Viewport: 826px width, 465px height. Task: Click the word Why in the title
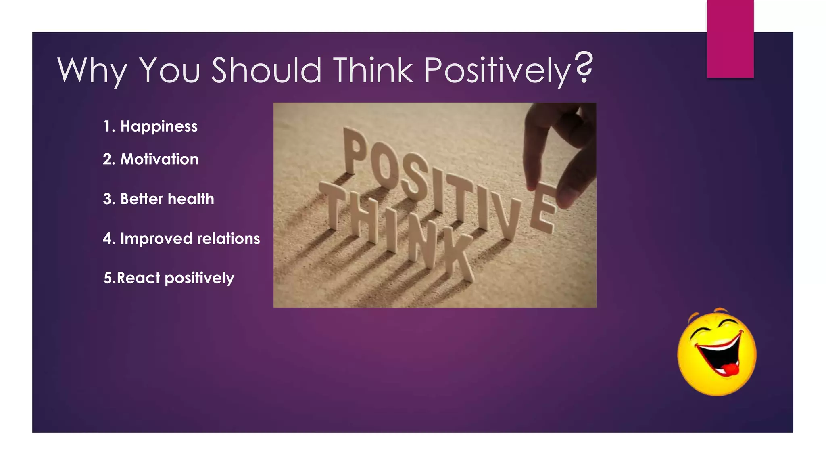92,70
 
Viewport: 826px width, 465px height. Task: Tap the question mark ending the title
584,67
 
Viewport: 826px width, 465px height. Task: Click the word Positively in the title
497,70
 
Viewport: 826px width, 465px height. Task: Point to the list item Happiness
159,126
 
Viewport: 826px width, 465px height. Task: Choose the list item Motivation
159,159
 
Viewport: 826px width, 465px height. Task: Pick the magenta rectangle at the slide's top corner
730,38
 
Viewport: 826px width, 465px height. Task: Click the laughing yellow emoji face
717,353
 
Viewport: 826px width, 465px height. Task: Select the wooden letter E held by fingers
543,208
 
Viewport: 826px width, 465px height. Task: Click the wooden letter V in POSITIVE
507,218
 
